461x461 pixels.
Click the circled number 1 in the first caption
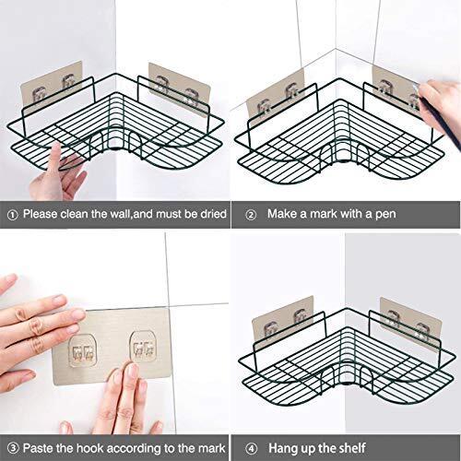(12, 215)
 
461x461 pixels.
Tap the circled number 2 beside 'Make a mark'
(251, 215)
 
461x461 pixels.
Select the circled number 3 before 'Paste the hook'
(13, 448)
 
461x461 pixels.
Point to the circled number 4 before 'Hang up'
(252, 449)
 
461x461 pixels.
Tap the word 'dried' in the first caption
(213, 214)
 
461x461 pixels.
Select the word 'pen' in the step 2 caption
(385, 215)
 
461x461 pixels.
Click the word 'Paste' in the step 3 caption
(38, 448)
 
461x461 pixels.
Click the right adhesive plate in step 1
(180, 89)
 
